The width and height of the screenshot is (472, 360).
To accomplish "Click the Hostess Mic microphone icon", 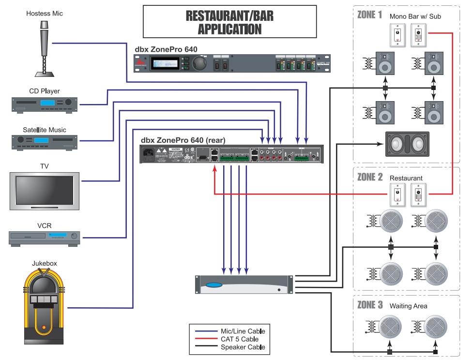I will click(44, 48).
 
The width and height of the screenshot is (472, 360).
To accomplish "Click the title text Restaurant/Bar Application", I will click(229, 22).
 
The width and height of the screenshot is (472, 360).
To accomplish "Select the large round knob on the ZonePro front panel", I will click(198, 63).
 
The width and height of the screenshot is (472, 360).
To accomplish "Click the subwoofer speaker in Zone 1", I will click(407, 144).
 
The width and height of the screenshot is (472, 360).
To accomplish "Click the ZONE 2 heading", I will click(370, 177).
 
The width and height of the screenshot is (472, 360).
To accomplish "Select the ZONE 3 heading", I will click(370, 305).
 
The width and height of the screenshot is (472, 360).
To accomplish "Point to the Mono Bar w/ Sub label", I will click(415, 16).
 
